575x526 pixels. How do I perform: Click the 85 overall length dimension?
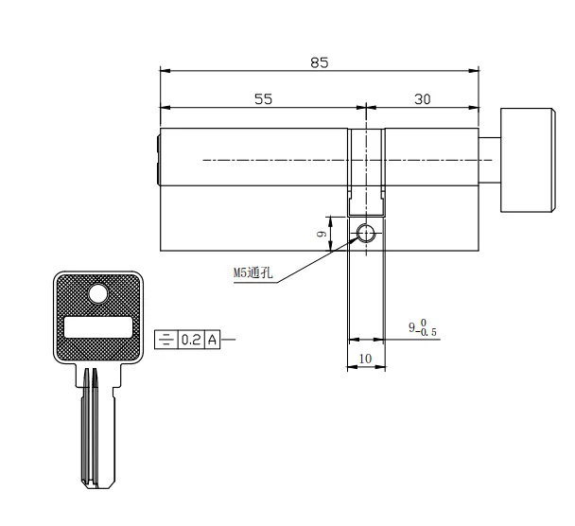point(320,62)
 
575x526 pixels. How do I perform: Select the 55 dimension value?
point(263,99)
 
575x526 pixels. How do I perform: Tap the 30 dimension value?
point(423,99)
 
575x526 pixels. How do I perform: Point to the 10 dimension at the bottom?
point(365,359)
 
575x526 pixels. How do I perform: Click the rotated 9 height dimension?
point(322,234)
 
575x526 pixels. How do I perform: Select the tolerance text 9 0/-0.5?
point(423,327)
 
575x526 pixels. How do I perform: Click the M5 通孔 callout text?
point(253,272)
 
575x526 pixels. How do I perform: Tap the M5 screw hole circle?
point(366,233)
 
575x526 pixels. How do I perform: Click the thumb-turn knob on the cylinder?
point(528,160)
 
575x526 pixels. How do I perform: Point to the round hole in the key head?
point(98,294)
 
